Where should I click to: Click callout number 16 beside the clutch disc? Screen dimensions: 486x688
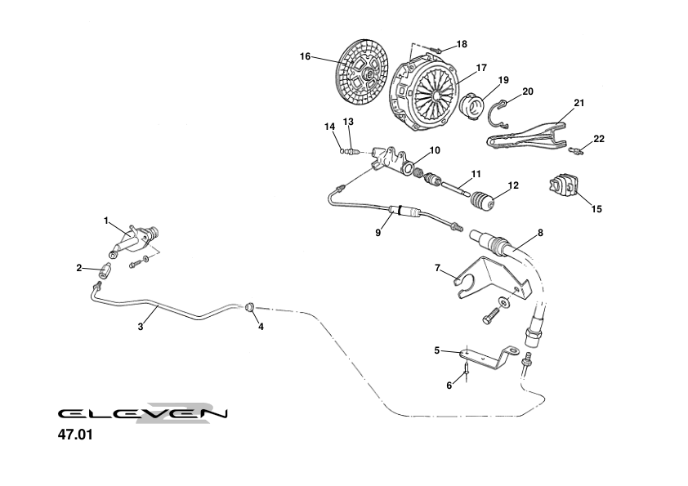point(305,56)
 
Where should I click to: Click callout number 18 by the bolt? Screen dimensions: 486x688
point(462,43)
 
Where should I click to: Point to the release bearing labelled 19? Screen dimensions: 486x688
point(473,106)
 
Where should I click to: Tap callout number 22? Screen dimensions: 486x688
point(599,139)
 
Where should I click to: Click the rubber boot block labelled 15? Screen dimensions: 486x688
point(562,186)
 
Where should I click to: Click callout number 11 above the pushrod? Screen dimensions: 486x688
point(476,174)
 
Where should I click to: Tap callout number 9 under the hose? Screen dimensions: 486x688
point(378,233)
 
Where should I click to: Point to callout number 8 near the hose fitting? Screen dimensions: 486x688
point(539,233)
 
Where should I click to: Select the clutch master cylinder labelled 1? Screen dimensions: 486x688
point(135,239)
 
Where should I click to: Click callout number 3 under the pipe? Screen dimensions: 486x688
point(141,326)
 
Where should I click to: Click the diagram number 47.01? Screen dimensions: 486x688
point(75,435)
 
